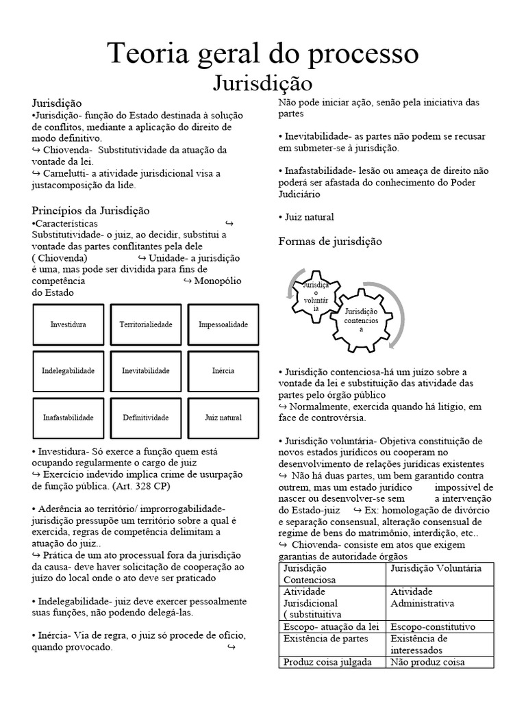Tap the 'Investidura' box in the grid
click(68, 324)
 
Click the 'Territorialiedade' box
click(146, 324)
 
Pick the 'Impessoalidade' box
click(223, 324)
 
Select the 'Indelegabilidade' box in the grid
click(68, 371)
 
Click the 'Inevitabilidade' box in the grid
click(146, 371)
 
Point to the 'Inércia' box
click(223, 371)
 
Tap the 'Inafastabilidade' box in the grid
click(68, 418)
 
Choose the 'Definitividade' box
click(146, 418)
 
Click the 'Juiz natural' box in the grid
click(223, 418)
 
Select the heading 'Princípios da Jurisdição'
click(90, 210)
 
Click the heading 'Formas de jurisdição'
click(330, 242)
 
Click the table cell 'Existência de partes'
click(325, 639)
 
